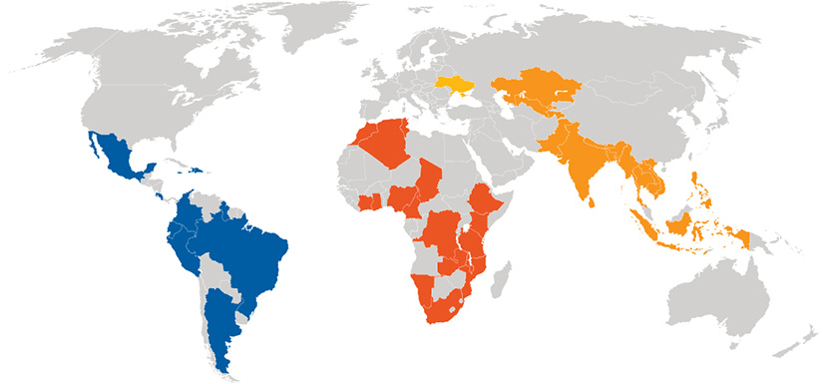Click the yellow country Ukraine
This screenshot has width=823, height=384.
[x=455, y=88]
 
